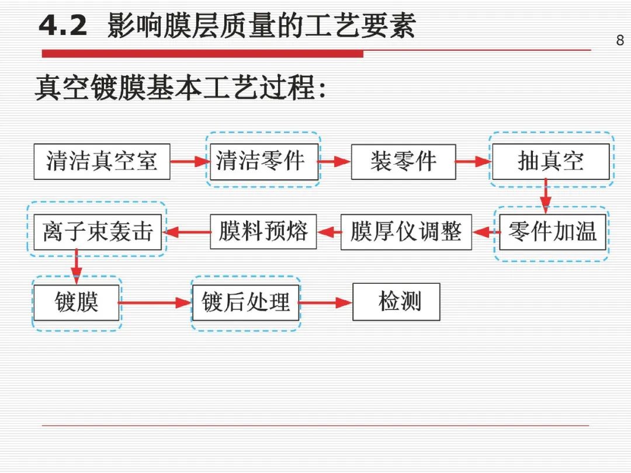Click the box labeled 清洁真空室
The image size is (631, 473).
(102, 161)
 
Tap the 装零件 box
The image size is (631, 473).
(403, 161)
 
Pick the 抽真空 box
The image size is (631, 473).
(550, 161)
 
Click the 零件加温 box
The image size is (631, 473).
(552, 232)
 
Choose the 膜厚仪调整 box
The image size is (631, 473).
(406, 232)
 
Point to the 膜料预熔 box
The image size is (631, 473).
(263, 232)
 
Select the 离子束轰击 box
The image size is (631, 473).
(98, 232)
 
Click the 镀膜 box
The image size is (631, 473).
(77, 302)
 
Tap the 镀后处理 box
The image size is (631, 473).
(245, 302)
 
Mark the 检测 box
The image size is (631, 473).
(396, 302)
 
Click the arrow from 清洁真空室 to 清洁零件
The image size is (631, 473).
(190, 162)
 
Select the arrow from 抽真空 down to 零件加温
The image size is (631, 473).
(546, 196)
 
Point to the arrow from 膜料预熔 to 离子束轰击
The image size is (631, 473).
(186, 232)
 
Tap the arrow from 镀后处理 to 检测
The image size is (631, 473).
(325, 303)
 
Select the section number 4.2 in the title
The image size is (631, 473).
(63, 26)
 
